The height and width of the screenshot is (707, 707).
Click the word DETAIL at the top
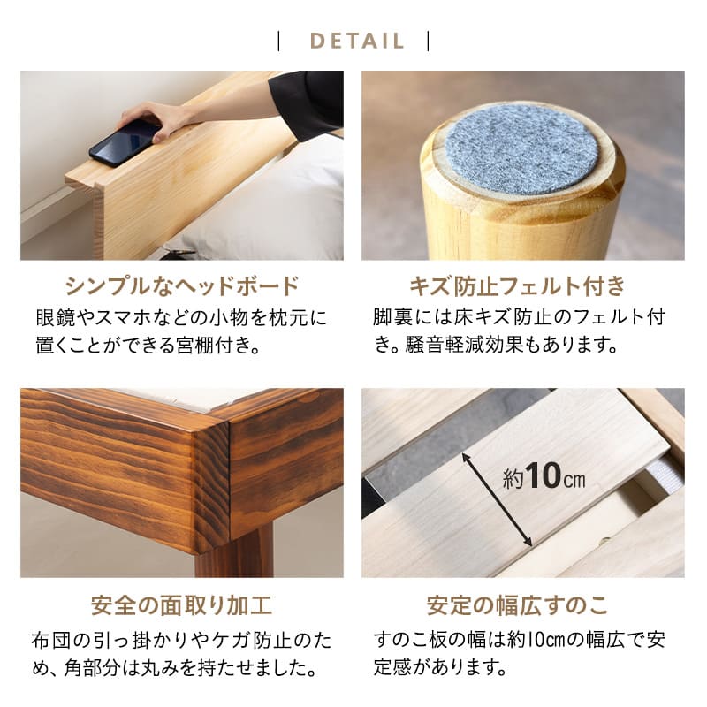tap(357, 42)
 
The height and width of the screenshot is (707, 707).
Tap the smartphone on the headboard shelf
tap(125, 143)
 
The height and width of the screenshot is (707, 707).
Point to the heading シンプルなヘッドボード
tap(182, 286)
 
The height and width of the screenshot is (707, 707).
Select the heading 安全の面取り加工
tap(182, 606)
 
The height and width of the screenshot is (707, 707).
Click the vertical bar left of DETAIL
tap(279, 42)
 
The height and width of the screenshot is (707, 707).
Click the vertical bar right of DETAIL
tap(429, 42)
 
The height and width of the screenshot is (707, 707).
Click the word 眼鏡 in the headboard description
tap(52, 317)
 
